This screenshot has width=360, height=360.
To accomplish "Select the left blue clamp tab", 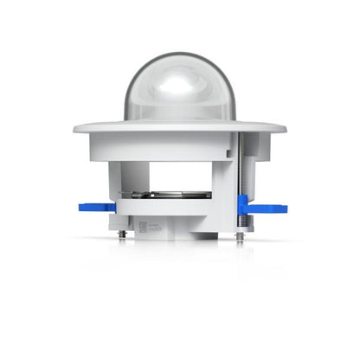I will pyautogui.click(x=95, y=207).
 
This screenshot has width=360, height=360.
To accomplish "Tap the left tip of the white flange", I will pyautogui.click(x=75, y=128).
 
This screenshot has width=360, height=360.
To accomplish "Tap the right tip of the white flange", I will pyautogui.click(x=285, y=128).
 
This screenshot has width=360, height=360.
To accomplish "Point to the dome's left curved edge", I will pyautogui.click(x=127, y=95).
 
